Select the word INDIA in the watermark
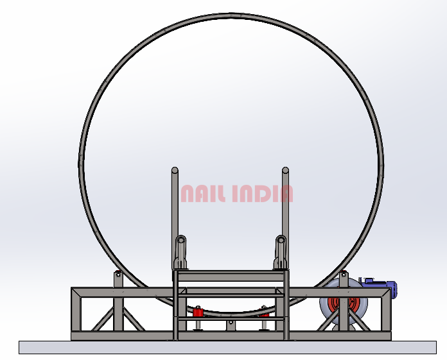[263, 194]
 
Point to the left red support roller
[197, 312]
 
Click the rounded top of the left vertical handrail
[175, 170]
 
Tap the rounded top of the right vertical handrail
[285, 170]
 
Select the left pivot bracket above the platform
[180, 252]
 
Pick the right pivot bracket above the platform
[281, 252]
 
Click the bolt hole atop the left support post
[118, 275]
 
